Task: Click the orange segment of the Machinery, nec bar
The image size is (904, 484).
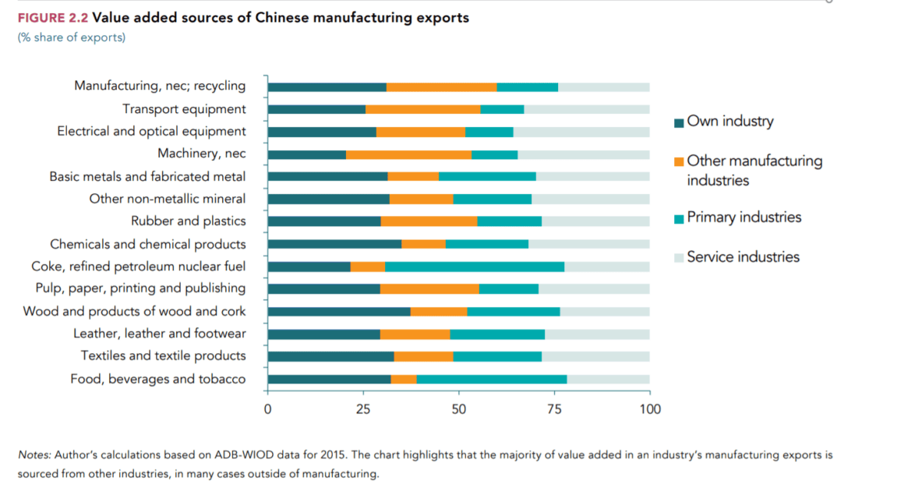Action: pyautogui.click(x=408, y=154)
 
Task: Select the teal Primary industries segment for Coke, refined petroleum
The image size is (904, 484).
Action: pyautogui.click(x=475, y=267)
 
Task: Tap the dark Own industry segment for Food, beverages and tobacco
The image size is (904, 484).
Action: pyautogui.click(x=329, y=380)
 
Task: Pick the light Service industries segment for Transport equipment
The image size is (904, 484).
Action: pyautogui.click(x=587, y=109)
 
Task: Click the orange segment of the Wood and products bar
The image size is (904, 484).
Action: pyautogui.click(x=439, y=312)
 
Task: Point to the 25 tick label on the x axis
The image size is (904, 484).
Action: pyautogui.click(x=363, y=409)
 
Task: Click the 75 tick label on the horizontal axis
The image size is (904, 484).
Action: pyautogui.click(x=554, y=409)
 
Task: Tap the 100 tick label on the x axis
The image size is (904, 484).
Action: pyautogui.click(x=649, y=409)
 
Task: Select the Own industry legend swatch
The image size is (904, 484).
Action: pyautogui.click(x=679, y=122)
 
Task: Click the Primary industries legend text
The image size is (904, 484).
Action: pyautogui.click(x=743, y=217)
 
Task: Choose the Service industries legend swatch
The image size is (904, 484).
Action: pyautogui.click(x=679, y=257)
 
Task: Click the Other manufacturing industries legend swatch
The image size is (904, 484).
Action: pyautogui.click(x=679, y=161)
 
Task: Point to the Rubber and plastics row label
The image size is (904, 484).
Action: pyautogui.click(x=188, y=221)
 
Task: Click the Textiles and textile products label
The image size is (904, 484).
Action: pyautogui.click(x=163, y=356)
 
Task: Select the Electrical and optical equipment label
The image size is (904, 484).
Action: pyautogui.click(x=151, y=132)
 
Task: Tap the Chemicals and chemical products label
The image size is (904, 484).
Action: pyautogui.click(x=148, y=245)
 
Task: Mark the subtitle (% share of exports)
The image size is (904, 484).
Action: pyautogui.click(x=71, y=37)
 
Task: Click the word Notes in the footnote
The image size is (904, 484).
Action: pyautogui.click(x=34, y=454)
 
